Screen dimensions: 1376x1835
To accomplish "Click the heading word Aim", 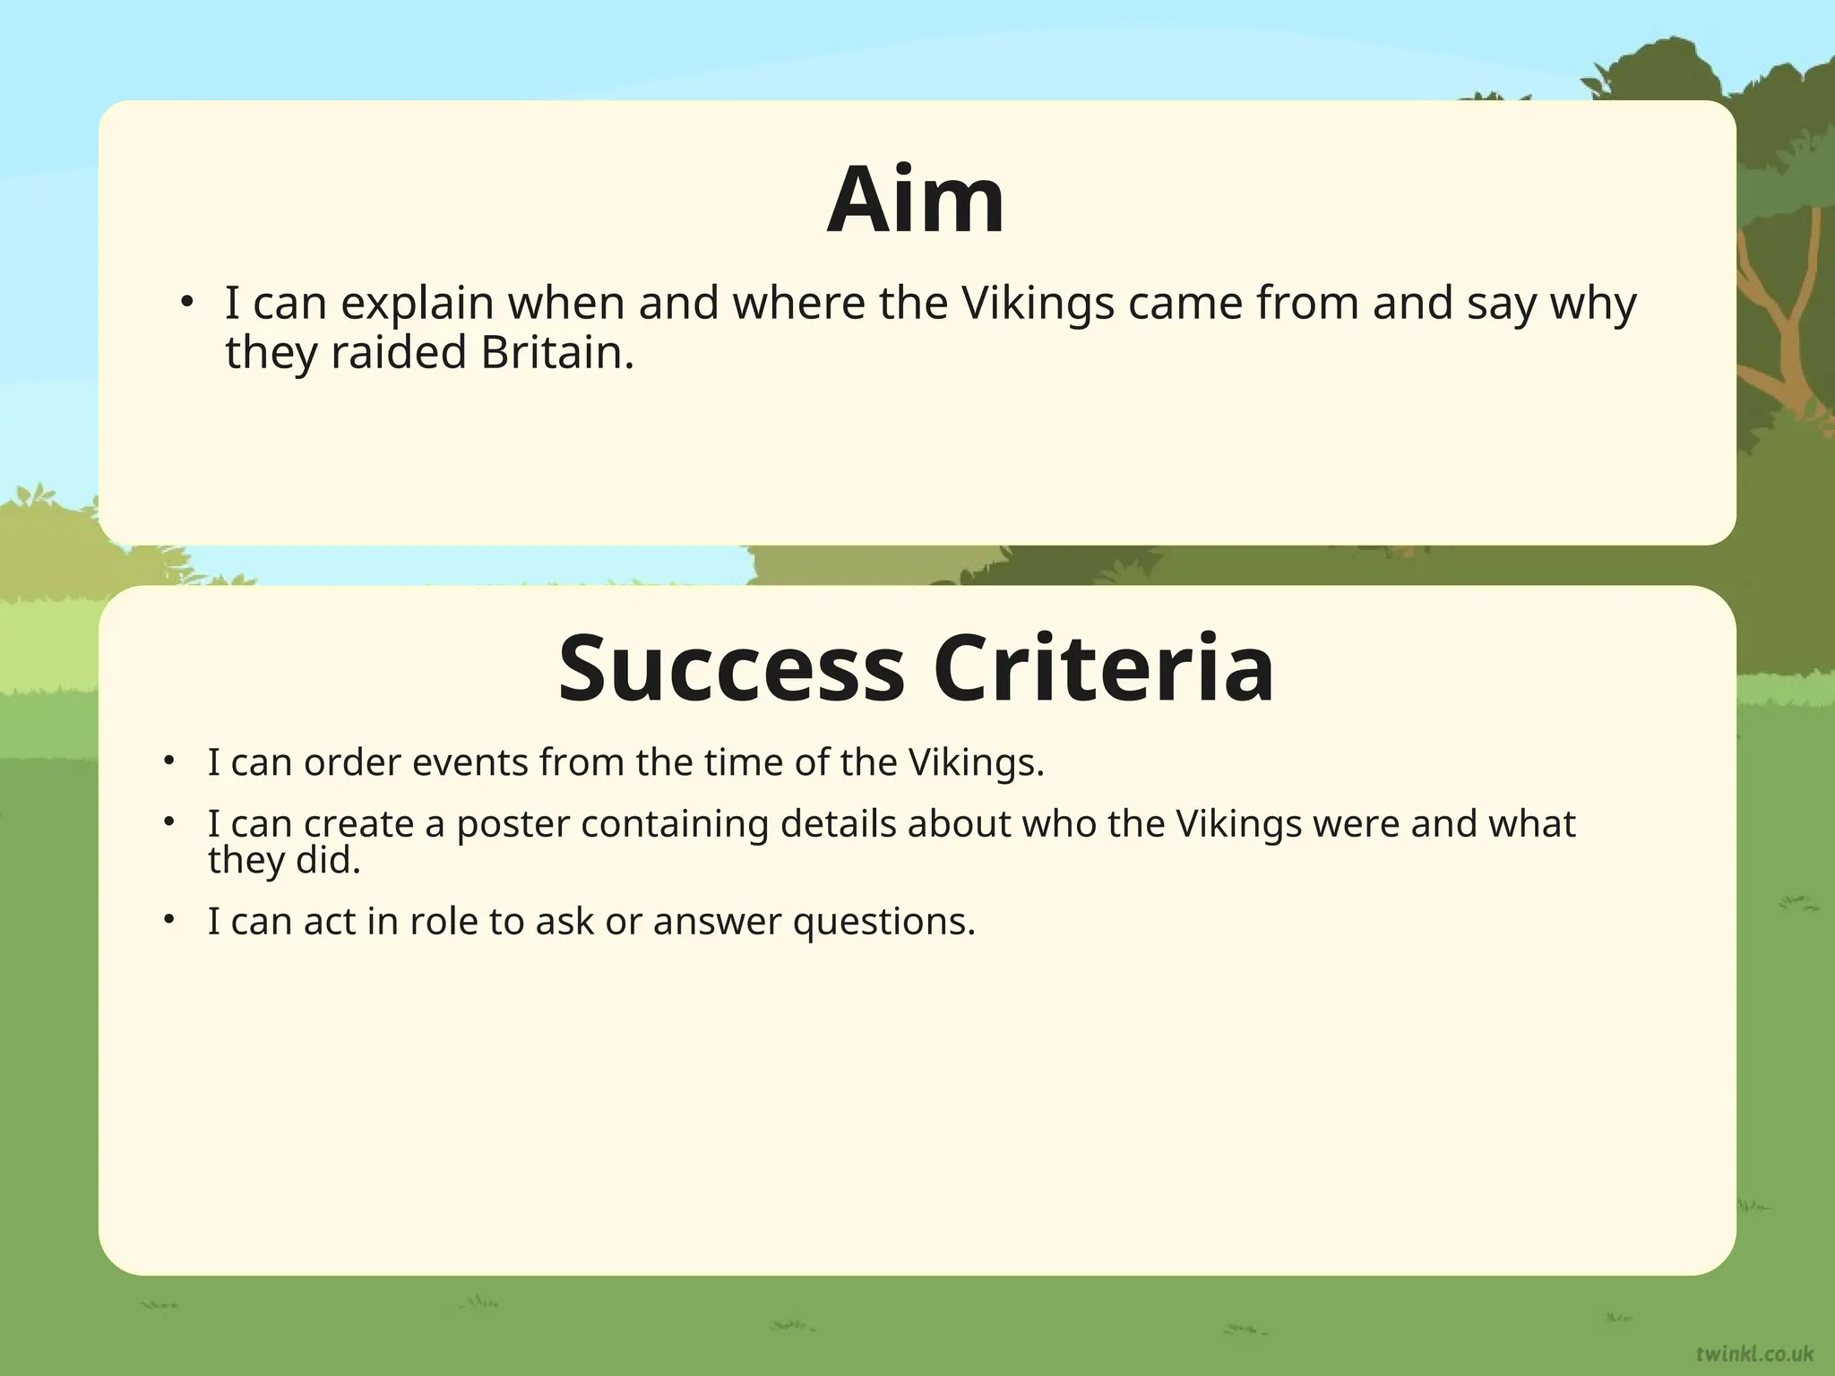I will click(x=915, y=200).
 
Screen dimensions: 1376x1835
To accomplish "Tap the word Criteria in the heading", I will click(x=1103, y=669).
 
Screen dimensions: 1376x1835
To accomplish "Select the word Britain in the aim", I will click(x=556, y=352).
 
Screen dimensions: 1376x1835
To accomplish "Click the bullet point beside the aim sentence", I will click(x=185, y=303).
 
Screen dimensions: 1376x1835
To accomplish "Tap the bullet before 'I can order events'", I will click(x=168, y=761).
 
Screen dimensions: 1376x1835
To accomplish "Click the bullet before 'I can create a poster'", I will click(x=168, y=822).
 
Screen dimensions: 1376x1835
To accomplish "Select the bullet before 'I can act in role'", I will click(x=168, y=920).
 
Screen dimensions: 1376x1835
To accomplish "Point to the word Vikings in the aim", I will click(x=1037, y=303).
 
